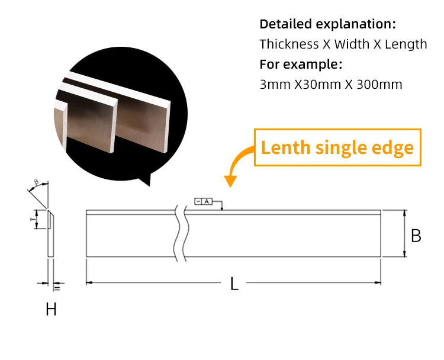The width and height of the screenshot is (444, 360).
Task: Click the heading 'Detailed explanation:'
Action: point(327,24)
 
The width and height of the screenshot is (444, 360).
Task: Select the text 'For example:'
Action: point(301,64)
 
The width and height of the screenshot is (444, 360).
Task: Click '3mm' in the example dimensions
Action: point(272,84)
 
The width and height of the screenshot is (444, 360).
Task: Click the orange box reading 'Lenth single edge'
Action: point(337,147)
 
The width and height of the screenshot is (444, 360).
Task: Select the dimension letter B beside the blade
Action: point(416,236)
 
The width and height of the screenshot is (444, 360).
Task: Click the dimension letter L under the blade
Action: point(234,284)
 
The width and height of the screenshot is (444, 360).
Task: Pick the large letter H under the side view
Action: point(52,309)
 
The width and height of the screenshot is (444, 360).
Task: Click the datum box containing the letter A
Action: point(207,202)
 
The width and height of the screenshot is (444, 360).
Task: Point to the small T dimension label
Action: point(32,218)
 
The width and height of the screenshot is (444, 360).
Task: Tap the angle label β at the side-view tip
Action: point(36,182)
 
